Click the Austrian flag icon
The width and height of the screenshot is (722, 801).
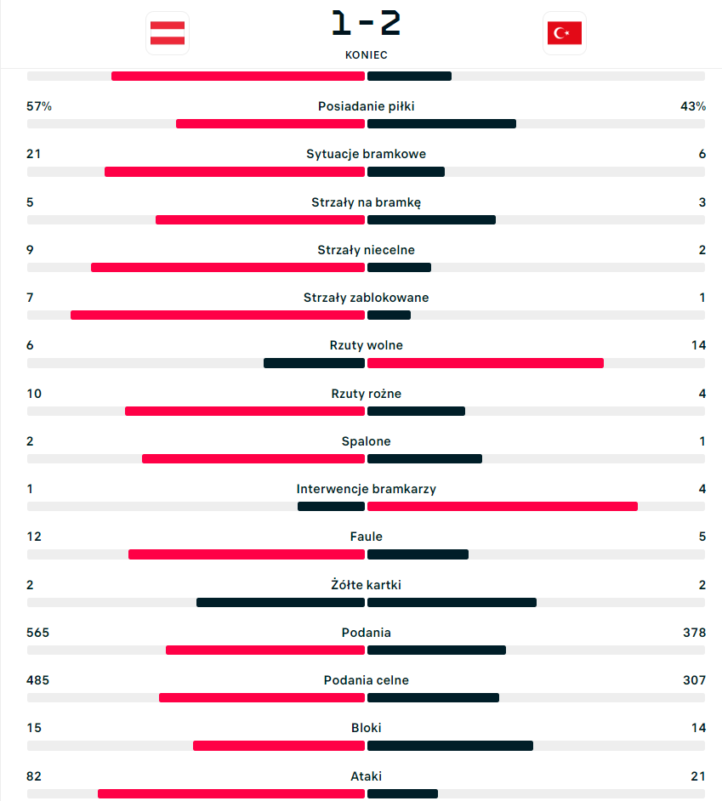[x=168, y=33]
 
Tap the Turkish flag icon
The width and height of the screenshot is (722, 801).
[x=564, y=33]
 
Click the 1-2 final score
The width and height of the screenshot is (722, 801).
[x=366, y=24]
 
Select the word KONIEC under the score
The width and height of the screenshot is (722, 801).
[x=366, y=54]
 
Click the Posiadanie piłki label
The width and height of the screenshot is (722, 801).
[x=366, y=106]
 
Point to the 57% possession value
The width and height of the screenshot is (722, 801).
[x=39, y=106]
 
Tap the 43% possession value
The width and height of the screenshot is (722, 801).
[x=692, y=106]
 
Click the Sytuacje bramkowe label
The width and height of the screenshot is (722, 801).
[x=366, y=154]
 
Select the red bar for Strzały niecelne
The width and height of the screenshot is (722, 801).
[x=228, y=267]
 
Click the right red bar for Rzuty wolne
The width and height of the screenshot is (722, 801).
[x=486, y=363]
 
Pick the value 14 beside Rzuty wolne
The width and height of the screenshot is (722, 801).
[x=698, y=345]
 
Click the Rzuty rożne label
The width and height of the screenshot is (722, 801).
[x=366, y=394]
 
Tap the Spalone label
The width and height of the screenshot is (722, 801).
[x=366, y=441]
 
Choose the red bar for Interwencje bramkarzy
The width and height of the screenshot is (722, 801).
[x=503, y=507]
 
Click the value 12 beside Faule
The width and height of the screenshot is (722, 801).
[x=34, y=537]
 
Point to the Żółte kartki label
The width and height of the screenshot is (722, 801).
[x=366, y=585]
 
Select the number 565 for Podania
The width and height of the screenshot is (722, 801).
[x=38, y=633]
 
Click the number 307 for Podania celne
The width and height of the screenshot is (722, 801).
[x=694, y=680]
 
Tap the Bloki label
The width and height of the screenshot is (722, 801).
[x=366, y=728]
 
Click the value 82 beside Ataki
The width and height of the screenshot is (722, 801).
[x=34, y=776]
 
